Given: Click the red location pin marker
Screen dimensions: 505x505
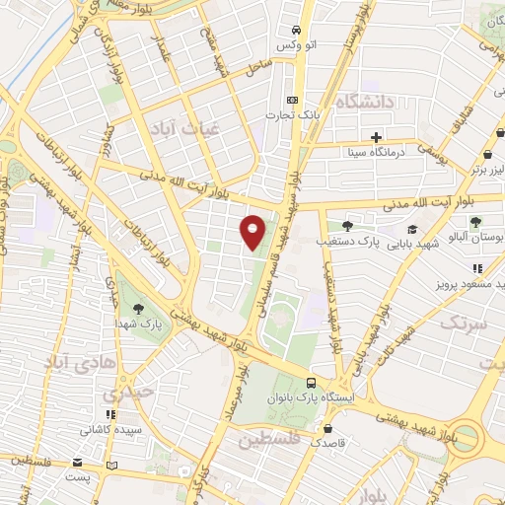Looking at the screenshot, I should [x=253, y=231].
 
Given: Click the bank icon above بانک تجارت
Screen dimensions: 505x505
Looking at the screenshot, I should [x=292, y=100].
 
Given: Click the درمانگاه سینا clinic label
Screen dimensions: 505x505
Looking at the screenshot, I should [x=375, y=153].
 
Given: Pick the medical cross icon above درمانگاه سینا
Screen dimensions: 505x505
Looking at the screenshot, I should [x=376, y=137].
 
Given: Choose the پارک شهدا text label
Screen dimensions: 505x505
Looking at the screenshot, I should [x=137, y=323].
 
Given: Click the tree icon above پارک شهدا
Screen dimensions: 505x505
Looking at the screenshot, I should [x=137, y=307].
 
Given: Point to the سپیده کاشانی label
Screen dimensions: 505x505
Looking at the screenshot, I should [x=109, y=431].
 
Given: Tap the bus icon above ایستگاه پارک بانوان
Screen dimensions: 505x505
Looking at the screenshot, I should [x=312, y=383].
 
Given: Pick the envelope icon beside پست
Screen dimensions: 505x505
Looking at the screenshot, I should [x=79, y=463].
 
